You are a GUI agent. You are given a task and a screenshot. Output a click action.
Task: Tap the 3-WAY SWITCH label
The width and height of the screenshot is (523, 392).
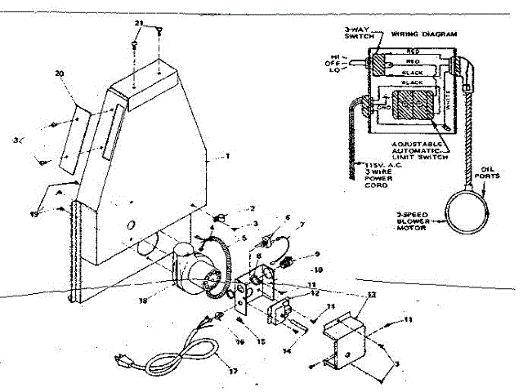(x=359, y=34)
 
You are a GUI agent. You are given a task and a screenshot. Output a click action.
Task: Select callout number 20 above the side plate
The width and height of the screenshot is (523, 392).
(x=59, y=73)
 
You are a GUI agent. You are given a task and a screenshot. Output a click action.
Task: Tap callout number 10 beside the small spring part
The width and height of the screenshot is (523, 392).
(x=320, y=269)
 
